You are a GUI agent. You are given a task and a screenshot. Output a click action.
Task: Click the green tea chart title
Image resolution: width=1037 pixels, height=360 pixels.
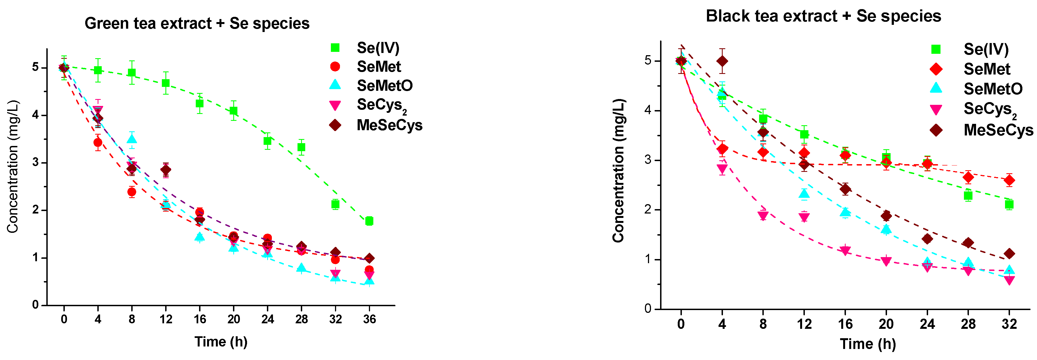pos(197,23)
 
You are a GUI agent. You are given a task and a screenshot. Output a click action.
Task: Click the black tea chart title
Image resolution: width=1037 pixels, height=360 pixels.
pos(823,16)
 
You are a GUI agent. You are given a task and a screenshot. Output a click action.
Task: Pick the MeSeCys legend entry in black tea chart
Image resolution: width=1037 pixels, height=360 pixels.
pos(998,130)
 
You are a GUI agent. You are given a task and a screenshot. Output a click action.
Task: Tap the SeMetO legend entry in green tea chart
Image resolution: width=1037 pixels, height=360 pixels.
pos(384,85)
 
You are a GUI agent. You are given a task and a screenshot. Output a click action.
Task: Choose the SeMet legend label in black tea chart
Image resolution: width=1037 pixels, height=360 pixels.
pos(987,69)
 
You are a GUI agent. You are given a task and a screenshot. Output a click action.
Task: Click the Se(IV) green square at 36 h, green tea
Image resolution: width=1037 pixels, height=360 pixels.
pos(369,221)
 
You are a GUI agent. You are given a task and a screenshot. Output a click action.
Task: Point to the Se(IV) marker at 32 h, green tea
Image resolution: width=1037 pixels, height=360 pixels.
pos(335,205)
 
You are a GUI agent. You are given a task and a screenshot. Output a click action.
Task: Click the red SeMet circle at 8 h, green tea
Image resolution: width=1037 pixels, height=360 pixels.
pos(132,192)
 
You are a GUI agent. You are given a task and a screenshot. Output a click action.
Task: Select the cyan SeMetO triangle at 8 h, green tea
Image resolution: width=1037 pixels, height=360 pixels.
pos(132,139)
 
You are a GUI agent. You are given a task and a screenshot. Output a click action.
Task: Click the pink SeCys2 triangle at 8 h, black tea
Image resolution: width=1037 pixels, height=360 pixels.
pos(763,216)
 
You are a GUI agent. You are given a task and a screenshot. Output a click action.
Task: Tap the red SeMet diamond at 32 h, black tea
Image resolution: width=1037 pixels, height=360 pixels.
pos(1009,180)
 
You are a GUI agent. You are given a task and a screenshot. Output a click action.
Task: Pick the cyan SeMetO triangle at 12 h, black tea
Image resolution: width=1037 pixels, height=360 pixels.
pos(804,194)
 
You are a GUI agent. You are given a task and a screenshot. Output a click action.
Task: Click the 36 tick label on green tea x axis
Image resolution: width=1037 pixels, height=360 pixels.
pos(369,320)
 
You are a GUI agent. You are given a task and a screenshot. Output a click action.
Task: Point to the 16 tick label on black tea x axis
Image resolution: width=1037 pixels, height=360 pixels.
pos(845,324)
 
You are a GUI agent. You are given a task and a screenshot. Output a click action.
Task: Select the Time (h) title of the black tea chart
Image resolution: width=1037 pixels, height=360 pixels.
pos(867,344)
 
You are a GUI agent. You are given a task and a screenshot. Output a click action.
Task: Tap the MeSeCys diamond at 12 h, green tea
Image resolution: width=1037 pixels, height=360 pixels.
pos(165,170)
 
